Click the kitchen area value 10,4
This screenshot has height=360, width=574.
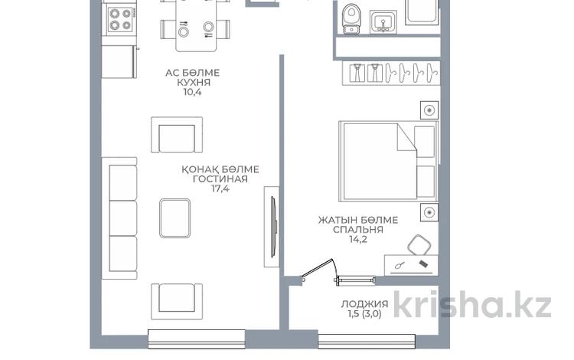coord(193,92)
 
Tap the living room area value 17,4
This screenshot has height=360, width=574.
coord(220,189)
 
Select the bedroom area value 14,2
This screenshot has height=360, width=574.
coord(358,240)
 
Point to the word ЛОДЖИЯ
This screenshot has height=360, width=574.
coord(364,304)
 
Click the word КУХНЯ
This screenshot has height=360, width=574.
coord(194,83)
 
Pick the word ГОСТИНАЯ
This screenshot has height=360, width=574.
coord(220,179)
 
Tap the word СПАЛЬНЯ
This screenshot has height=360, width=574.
coord(358,230)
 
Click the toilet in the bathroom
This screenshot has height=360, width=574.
coord(351,19)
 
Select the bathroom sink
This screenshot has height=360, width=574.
coord(383,22)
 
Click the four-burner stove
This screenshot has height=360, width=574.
coord(121,20)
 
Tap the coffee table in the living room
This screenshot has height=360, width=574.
coord(175,218)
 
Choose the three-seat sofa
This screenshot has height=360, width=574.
coord(119,218)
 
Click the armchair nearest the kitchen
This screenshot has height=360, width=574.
coord(177,135)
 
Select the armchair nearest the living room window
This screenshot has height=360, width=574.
coord(177,301)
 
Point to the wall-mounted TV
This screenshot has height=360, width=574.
coord(273,227)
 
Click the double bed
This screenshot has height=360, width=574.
coord(388,161)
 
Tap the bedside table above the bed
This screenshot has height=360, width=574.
coord(429,110)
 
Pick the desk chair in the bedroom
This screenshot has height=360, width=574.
coord(419,245)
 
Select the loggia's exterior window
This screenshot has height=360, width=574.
coord(367,342)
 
